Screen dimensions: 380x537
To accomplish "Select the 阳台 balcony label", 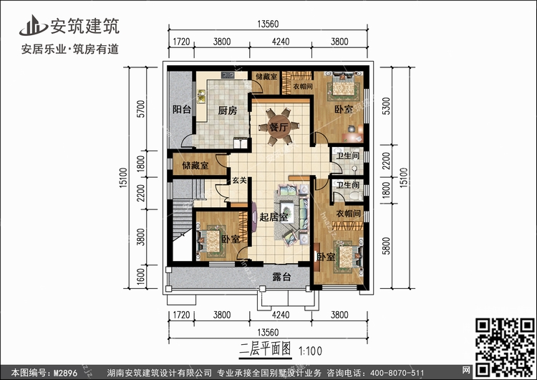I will (182, 110).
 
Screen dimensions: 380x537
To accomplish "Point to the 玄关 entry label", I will (239, 181).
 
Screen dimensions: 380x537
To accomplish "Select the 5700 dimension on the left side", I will (141, 109).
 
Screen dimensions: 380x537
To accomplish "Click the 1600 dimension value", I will (141, 275).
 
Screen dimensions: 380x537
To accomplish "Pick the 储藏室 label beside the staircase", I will (195, 166).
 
